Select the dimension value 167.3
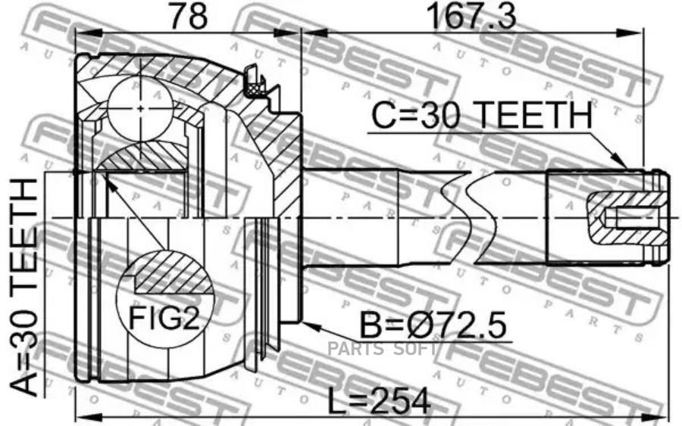(471, 17)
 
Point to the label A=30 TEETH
(25, 288)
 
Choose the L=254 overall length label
(378, 401)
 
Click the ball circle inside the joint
(140, 108)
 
